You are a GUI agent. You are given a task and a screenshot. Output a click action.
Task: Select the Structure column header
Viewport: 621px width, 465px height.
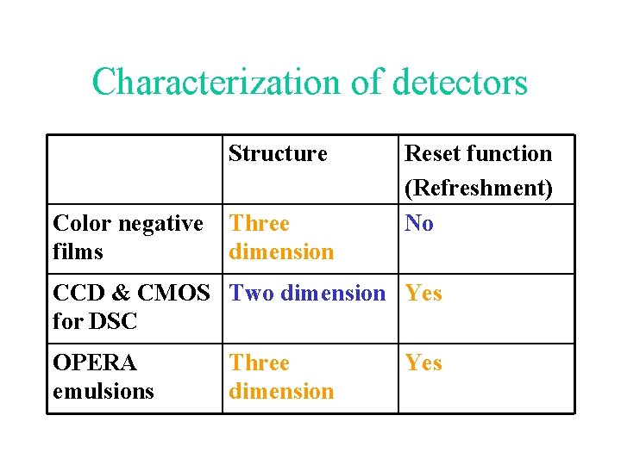click(278, 154)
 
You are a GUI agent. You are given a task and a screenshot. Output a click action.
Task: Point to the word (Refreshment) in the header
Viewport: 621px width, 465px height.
click(478, 188)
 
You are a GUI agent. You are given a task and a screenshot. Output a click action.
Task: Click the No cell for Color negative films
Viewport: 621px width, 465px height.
click(419, 224)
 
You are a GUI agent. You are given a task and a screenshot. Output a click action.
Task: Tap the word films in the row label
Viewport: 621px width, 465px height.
click(78, 252)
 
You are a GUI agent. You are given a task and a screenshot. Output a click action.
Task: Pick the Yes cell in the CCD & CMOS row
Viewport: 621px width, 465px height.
click(423, 294)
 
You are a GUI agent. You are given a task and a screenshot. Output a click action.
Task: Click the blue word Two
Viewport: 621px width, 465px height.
click(252, 294)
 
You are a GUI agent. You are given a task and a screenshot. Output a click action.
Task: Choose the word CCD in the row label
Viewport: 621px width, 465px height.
click(79, 294)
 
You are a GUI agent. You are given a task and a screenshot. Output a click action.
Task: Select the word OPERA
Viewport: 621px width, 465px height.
click(95, 363)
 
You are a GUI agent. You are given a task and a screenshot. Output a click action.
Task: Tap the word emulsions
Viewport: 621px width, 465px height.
click(103, 392)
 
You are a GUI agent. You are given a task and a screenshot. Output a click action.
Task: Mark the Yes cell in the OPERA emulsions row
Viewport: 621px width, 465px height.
click(423, 363)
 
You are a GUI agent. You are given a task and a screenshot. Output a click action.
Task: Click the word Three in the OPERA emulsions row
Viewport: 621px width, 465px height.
click(260, 363)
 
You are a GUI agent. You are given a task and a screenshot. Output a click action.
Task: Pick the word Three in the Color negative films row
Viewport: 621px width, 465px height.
click(260, 224)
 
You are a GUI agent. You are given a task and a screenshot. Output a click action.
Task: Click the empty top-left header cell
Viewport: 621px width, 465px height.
click(135, 170)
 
